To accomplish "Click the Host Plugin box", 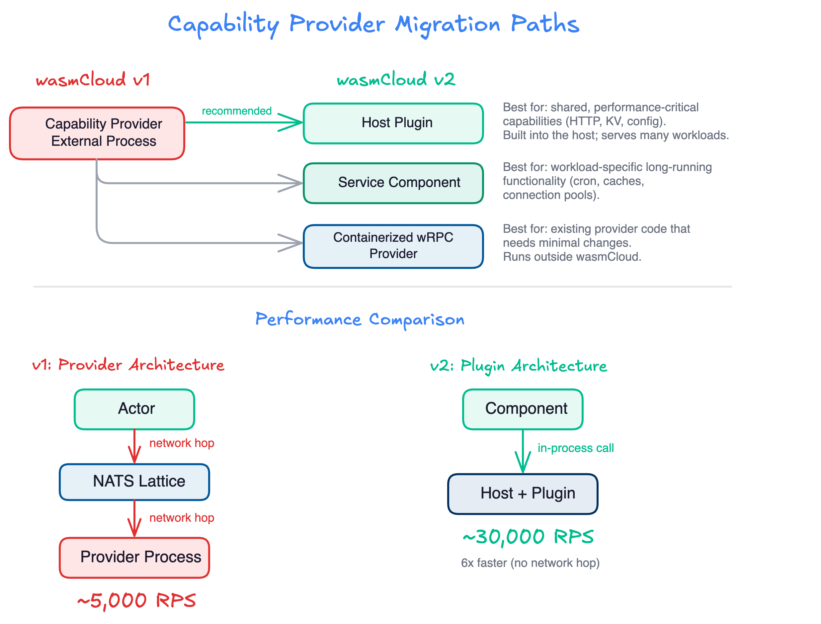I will (x=393, y=123).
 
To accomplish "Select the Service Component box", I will (x=393, y=183).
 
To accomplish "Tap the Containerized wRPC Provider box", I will (x=393, y=245).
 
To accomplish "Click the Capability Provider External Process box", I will (x=97, y=133).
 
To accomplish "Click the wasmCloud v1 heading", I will (x=93, y=79).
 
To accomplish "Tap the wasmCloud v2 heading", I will (x=396, y=79).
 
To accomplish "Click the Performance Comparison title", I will (x=360, y=319).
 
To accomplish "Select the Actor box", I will (x=134, y=409).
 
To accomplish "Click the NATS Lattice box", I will (x=134, y=482).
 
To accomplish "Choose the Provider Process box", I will (x=134, y=557).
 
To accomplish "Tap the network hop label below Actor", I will (x=182, y=443).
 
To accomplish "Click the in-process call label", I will (x=576, y=448).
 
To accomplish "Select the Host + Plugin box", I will (x=523, y=493).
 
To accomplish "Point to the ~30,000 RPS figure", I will (x=528, y=537).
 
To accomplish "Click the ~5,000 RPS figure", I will (x=136, y=600).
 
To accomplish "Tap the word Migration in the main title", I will (x=448, y=25).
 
